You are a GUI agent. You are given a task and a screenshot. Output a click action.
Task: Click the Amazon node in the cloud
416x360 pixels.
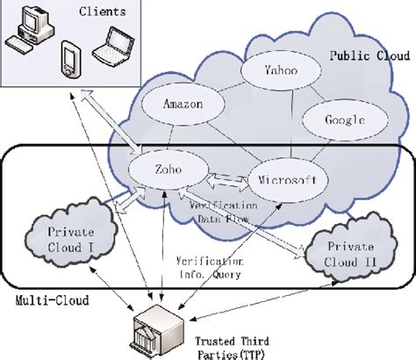click(183, 104)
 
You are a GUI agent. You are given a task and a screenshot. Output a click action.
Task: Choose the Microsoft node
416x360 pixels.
click(282, 179)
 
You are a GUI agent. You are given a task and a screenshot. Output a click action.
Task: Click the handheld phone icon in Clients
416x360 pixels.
click(71, 60)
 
